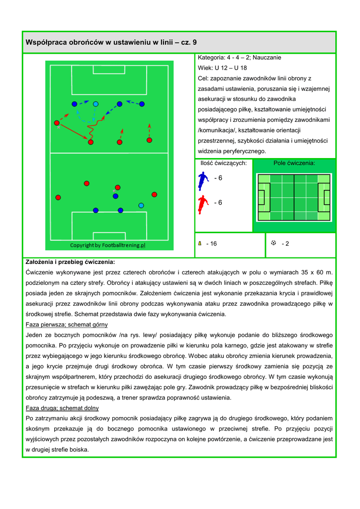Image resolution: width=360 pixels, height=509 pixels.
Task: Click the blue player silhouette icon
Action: (x=202, y=180)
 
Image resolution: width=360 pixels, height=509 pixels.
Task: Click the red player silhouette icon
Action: (x=202, y=204)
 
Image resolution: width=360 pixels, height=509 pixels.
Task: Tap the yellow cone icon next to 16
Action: (x=199, y=244)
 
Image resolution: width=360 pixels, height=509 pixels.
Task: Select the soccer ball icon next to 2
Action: (x=273, y=243)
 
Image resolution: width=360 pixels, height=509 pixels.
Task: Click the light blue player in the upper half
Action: (x=95, y=104)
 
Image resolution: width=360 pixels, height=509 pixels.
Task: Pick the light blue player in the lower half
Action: (x=141, y=205)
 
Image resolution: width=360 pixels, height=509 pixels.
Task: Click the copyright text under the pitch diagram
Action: (x=107, y=245)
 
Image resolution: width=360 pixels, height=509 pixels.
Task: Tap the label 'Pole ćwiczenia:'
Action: (x=294, y=163)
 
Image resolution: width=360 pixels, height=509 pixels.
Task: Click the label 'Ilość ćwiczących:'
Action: (x=223, y=163)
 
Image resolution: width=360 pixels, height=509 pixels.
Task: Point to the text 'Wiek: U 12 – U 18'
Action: (x=222, y=68)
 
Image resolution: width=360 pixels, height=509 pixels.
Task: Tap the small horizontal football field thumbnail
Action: (x=293, y=197)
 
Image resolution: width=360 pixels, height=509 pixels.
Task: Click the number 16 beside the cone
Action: (x=213, y=244)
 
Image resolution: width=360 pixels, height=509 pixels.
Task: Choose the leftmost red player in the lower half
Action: (x=58, y=197)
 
